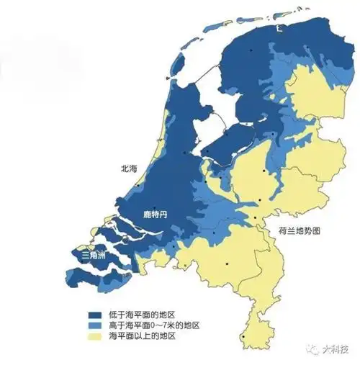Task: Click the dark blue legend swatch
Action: (x=94, y=315)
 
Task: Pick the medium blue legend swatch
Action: (x=94, y=325)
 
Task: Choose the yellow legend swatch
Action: (x=94, y=336)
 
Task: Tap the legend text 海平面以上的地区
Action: (x=143, y=336)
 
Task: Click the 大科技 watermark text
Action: (x=333, y=352)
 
